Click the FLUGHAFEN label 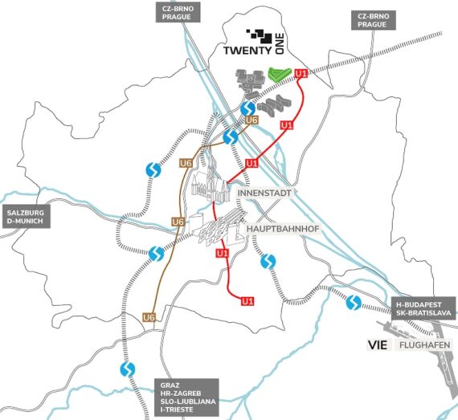click(x=423, y=345)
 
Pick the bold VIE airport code click(x=377, y=345)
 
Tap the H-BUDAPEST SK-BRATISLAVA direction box click(x=425, y=307)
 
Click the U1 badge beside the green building click(x=301, y=75)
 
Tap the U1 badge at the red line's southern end click(x=248, y=301)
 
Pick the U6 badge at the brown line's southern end click(x=149, y=317)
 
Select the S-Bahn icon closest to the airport click(x=353, y=303)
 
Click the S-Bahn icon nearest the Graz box click(x=126, y=369)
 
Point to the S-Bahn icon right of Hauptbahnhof click(x=268, y=261)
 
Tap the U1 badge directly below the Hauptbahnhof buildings click(x=223, y=253)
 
